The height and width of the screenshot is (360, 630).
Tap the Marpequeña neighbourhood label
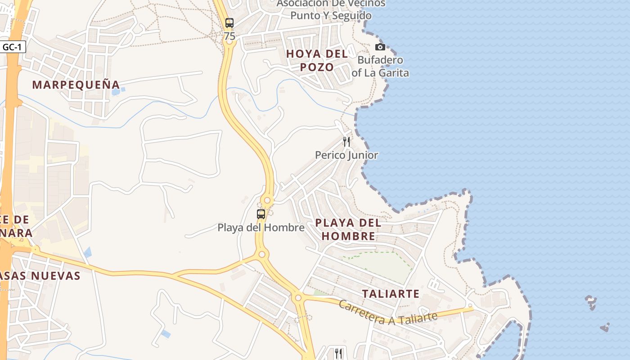point(76,85)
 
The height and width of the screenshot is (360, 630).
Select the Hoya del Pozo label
point(317,60)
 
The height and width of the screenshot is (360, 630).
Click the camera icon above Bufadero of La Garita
point(380,47)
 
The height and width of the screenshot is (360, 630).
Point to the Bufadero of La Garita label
point(380,66)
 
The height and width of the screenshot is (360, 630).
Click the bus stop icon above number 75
point(229,22)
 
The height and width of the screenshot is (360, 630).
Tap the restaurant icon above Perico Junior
point(346,142)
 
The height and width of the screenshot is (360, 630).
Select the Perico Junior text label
point(346,155)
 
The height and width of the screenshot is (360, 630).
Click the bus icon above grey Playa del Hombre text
point(261,214)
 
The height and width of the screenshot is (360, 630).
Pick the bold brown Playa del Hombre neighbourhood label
point(348,229)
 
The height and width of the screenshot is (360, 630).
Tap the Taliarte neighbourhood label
point(391,294)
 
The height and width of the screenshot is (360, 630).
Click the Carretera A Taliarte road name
point(387,312)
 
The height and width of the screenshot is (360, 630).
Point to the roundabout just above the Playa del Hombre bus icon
point(267,200)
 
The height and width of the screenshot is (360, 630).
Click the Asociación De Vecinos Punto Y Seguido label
point(331,9)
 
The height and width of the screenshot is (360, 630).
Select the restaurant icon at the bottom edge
point(338,353)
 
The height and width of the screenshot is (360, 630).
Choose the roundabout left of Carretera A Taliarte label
point(297,297)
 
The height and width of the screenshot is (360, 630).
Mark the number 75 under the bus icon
point(229,36)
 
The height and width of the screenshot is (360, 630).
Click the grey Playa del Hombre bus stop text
point(261,228)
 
